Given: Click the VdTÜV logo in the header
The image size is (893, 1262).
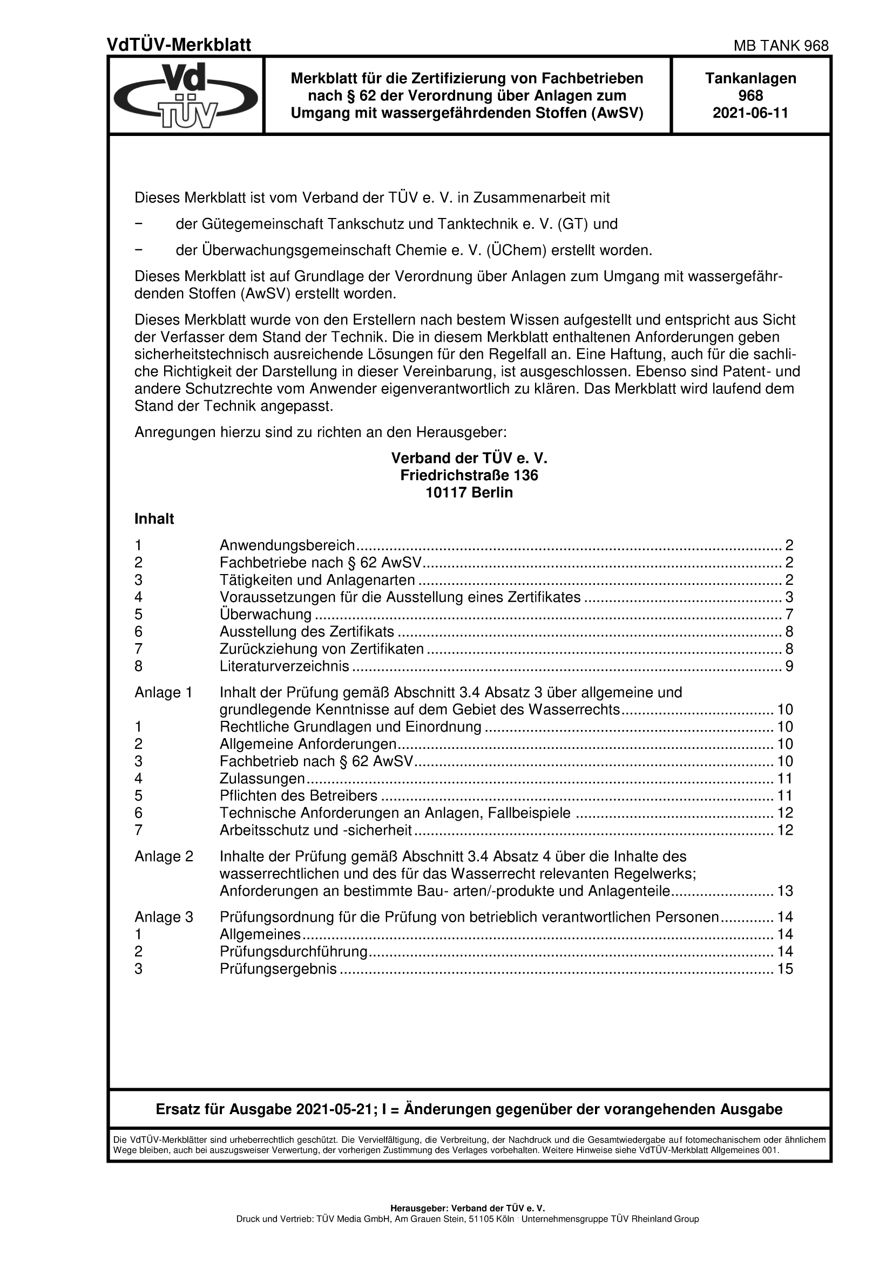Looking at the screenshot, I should tap(186, 95).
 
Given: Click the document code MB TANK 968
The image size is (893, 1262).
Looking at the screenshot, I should tap(781, 46).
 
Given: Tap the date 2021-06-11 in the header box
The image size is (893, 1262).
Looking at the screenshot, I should tap(750, 113).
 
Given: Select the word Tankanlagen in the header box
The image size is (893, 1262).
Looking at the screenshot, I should tap(750, 79).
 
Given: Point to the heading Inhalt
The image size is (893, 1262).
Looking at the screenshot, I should tap(154, 519).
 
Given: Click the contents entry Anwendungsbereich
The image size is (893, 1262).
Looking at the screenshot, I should tap(287, 545).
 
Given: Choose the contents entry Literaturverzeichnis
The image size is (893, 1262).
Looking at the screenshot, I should tap(285, 666).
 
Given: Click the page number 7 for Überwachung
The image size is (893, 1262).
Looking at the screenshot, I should tap(789, 615).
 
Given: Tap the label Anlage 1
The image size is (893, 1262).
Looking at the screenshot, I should tap(163, 693).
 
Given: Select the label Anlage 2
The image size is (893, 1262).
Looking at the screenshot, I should tap(164, 856).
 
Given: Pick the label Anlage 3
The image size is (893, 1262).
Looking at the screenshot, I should tap(164, 917).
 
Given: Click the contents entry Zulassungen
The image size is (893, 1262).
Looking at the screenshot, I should tap(262, 779).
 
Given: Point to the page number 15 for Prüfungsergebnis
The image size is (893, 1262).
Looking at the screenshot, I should tap(784, 968).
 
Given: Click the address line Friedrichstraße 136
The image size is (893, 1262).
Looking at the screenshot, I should tap(469, 475).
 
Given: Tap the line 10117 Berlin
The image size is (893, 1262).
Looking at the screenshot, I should tap(469, 493).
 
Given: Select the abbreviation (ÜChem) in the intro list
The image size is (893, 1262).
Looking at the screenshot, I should tap(516, 251).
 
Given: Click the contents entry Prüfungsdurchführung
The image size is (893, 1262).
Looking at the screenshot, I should tap(294, 951).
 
